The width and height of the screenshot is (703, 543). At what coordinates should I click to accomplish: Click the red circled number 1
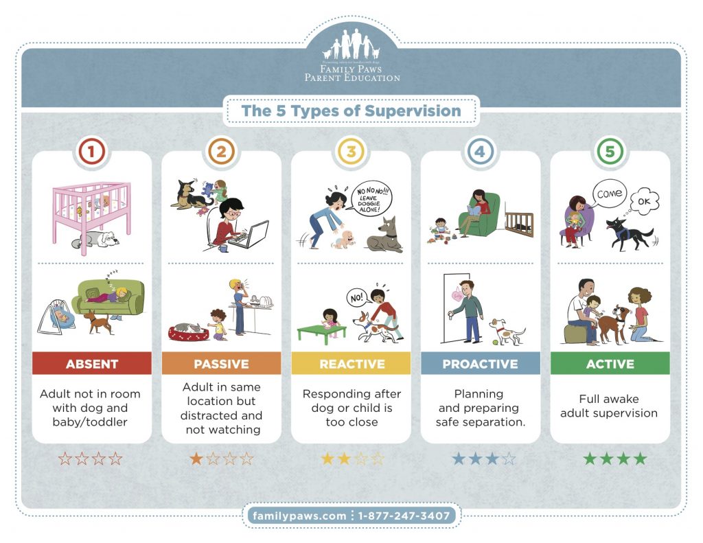click(x=91, y=152)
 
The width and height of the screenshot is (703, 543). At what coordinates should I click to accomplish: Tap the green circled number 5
click(x=610, y=152)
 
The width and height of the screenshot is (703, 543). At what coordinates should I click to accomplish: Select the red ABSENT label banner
click(x=91, y=364)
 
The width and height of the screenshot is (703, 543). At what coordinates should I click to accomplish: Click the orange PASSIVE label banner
click(x=221, y=364)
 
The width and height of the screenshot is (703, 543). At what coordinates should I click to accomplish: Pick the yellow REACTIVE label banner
click(x=351, y=364)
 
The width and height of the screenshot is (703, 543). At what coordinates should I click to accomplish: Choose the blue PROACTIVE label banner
click(x=480, y=364)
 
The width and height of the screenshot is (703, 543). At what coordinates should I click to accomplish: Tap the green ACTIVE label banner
click(x=610, y=364)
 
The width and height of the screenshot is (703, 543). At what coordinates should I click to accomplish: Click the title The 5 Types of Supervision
click(x=351, y=111)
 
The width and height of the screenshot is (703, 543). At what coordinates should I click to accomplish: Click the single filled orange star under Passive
click(x=196, y=459)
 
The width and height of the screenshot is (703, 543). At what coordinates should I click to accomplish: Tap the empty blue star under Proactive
click(x=509, y=459)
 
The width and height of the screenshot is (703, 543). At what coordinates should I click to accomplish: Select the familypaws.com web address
click(x=299, y=516)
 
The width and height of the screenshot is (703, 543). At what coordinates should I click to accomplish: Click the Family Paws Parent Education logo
click(x=351, y=58)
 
